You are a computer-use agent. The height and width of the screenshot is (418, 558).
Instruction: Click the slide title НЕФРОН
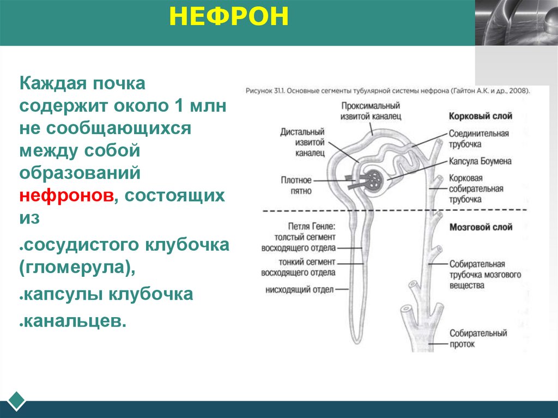click(228, 17)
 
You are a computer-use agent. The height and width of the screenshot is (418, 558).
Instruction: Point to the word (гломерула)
click(76, 268)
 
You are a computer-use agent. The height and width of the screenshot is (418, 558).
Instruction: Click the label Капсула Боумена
click(480, 161)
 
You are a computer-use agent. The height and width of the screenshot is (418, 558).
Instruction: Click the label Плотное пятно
click(296, 186)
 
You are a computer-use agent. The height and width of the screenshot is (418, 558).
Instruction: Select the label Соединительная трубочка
click(478, 139)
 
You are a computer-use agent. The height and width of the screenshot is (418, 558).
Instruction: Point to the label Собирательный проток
click(478, 338)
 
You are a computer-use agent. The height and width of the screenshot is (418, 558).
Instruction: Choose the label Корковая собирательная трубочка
click(476, 189)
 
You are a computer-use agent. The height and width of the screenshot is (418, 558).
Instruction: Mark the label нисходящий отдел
click(299, 290)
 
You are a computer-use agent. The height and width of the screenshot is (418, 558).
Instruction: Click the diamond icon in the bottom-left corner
click(16, 401)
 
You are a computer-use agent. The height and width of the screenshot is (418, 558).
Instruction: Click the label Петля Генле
click(312, 226)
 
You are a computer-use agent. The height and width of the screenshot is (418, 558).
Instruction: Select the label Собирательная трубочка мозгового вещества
click(485, 274)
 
